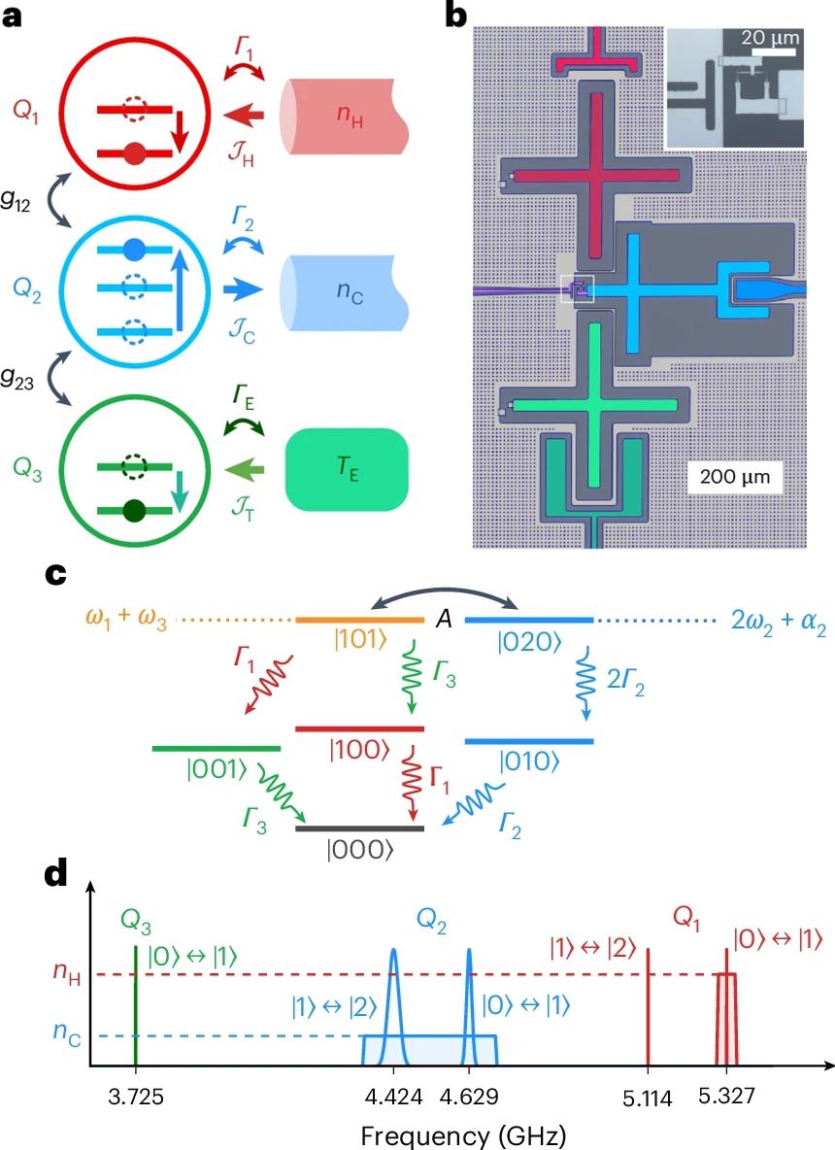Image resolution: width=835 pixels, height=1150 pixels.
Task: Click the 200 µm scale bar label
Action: tap(734, 478)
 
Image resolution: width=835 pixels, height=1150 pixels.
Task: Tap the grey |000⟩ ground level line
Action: tap(359, 829)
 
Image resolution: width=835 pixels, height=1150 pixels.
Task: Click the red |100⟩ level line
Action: tap(359, 727)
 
